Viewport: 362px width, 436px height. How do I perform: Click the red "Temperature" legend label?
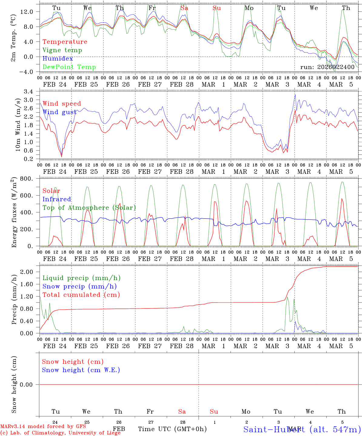pyautogui.click(x=65, y=42)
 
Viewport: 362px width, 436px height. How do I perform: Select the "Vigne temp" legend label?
pyautogui.click(x=62, y=50)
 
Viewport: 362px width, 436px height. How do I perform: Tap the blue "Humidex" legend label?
pyautogui.click(x=58, y=58)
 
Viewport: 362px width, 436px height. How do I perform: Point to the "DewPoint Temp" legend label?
pyautogui.click(x=69, y=67)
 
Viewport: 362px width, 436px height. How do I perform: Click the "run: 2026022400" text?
pyautogui.click(x=327, y=67)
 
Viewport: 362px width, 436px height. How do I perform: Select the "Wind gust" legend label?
pyautogui.click(x=59, y=112)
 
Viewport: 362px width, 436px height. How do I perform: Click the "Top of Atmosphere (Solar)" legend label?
pyautogui.click(x=89, y=208)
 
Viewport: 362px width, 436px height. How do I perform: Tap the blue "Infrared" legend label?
pyautogui.click(x=57, y=199)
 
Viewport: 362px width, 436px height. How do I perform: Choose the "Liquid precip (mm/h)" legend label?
pyautogui.click(x=82, y=278)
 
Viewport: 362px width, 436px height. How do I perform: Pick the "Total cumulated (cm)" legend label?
pyautogui.click(x=81, y=295)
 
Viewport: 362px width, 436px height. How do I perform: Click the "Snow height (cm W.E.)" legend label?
pyautogui.click(x=81, y=370)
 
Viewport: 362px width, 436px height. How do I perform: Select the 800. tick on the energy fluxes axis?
pyautogui.click(x=26, y=179)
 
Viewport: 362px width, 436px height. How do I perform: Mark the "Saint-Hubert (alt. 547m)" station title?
pyautogui.click(x=302, y=429)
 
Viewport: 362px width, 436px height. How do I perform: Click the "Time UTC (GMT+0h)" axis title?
pyautogui.click(x=172, y=429)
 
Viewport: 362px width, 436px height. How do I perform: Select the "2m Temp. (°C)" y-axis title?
pyautogui.click(x=13, y=39)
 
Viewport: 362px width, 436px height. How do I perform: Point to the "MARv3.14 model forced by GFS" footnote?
pyautogui.click(x=43, y=427)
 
